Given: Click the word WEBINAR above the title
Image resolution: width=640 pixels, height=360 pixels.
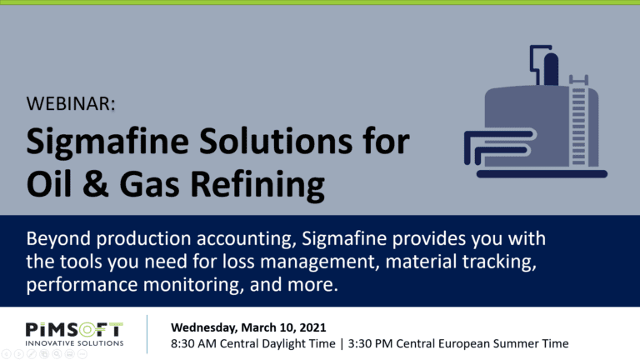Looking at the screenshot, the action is point(68,103).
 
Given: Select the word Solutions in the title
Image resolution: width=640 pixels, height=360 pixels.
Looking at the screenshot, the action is point(276,141).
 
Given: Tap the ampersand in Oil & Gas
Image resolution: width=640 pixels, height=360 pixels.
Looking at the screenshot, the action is point(96,183).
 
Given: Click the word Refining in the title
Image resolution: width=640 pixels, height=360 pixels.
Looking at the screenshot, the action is point(257,186).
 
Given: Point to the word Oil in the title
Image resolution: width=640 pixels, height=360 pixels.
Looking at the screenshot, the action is point(49,183).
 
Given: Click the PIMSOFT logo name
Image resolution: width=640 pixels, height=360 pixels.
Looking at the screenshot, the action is point(74,330).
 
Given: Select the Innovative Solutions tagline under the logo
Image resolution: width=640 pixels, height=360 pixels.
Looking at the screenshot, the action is point(74,343).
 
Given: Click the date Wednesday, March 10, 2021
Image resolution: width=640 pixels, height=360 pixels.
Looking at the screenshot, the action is point(248,327).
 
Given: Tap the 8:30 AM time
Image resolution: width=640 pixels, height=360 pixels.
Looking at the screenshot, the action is point(193,343).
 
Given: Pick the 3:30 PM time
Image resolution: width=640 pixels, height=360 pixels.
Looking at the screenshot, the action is point(370,343).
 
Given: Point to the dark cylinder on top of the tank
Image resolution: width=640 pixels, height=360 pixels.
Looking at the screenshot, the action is point(551,68).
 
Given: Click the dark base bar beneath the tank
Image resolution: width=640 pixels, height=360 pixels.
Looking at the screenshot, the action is point(542,174).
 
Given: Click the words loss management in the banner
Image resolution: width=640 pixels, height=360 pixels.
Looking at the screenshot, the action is point(298,262).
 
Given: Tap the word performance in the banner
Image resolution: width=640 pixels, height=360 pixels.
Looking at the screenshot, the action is point(82,285).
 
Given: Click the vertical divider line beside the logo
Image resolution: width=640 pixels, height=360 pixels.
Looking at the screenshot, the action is point(147,334).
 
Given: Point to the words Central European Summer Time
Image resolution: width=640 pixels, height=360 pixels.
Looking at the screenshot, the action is point(482,343).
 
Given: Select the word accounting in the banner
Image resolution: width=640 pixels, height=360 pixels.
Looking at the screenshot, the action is point(246,239).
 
